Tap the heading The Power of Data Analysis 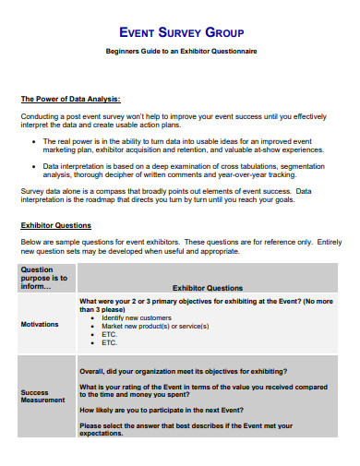[x=70, y=99]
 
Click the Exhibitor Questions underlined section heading [x=55, y=225]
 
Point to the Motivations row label [x=40, y=324]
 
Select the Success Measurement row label [x=42, y=396]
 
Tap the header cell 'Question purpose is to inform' [x=44, y=277]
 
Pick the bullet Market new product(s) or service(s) [x=155, y=326]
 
